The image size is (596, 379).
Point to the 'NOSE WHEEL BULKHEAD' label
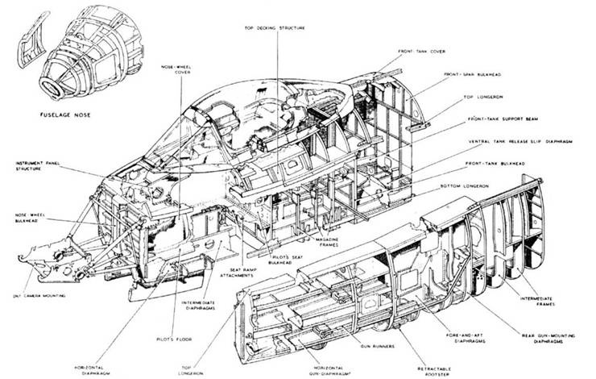[x=28, y=218]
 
